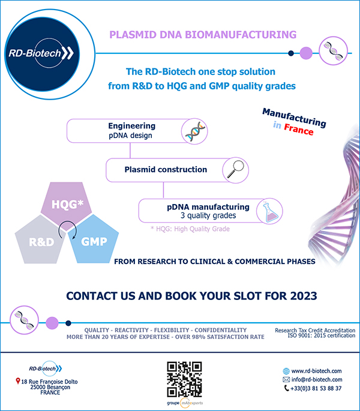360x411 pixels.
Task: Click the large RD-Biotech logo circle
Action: click(x=42, y=54)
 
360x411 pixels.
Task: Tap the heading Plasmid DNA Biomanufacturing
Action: click(x=203, y=35)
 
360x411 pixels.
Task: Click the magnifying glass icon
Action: click(x=235, y=170)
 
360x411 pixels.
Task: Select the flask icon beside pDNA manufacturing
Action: click(x=270, y=212)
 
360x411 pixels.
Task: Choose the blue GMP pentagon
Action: click(x=94, y=239)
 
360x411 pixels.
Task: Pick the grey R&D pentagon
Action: click(x=40, y=240)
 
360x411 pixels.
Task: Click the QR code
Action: click(x=184, y=379)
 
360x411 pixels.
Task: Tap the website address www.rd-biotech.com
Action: click(x=316, y=371)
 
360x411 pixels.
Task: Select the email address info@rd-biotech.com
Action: click(x=317, y=380)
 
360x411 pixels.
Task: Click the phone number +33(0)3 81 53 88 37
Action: click(x=316, y=388)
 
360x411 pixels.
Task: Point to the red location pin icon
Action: click(x=18, y=381)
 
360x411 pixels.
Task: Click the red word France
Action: click(x=299, y=129)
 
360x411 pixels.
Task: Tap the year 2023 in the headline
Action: click(x=304, y=296)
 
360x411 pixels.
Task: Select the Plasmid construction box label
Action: click(x=166, y=170)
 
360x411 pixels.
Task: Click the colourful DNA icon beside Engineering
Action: click(x=196, y=131)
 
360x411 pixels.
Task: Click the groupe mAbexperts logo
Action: click(x=185, y=403)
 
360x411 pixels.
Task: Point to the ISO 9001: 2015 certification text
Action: click(x=322, y=335)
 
